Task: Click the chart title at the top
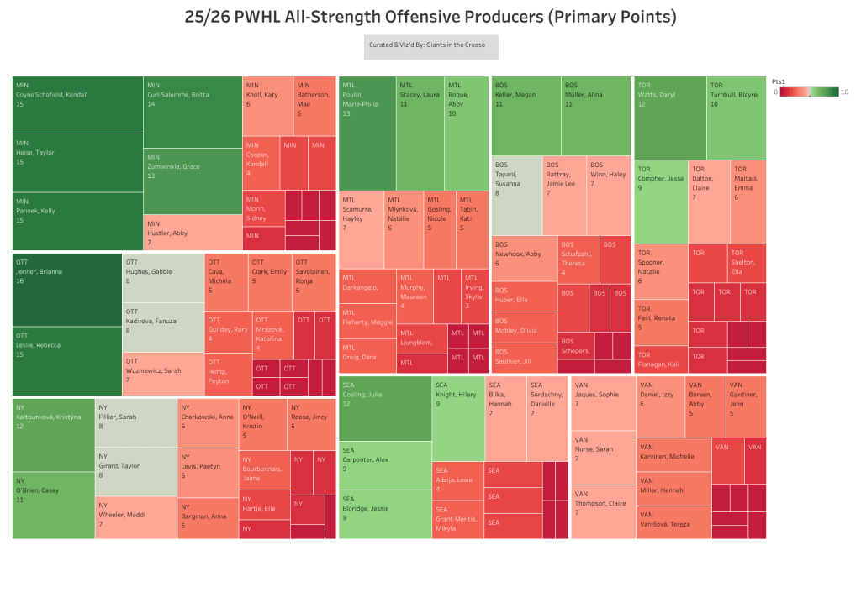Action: [430, 18]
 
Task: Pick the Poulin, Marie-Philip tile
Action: [367, 133]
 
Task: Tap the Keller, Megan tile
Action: [526, 116]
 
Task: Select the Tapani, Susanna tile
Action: [516, 195]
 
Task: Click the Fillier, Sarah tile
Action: [135, 423]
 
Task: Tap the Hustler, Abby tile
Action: [193, 232]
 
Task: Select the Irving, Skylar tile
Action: [474, 296]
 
